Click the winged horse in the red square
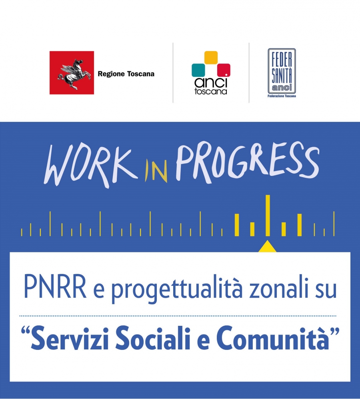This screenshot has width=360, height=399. click(74, 74)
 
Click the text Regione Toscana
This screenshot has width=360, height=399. click(126, 74)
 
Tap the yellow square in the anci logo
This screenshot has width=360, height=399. click(211, 58)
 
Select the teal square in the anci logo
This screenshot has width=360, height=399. click(198, 70)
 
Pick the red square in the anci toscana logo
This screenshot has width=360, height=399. click(224, 70)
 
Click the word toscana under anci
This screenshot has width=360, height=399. click(210, 91)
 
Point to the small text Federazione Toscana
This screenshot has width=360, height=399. click(282, 96)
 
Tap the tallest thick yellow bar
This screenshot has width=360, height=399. click(268, 215)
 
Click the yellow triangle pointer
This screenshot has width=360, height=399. click(267, 247)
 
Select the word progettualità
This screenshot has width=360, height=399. click(177, 289)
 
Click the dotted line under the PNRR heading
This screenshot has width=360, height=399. click(178, 316)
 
